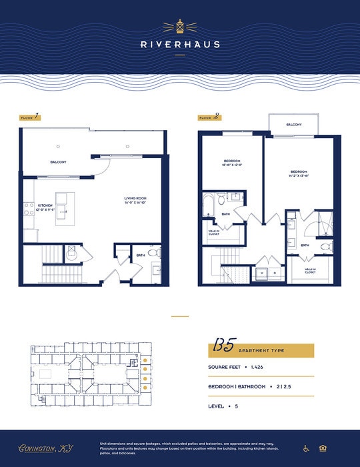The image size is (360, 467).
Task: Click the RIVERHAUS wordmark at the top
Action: tap(180, 45)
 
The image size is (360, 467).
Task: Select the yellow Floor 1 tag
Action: tap(29, 117)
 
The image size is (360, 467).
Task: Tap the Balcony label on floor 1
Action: tap(58, 162)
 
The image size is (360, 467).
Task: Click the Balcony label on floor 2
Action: tap(294, 125)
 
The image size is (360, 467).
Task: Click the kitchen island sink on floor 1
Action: tap(61, 213)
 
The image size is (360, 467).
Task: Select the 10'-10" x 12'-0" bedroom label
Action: tap(232, 163)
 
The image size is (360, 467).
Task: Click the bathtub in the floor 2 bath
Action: tap(209, 201)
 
